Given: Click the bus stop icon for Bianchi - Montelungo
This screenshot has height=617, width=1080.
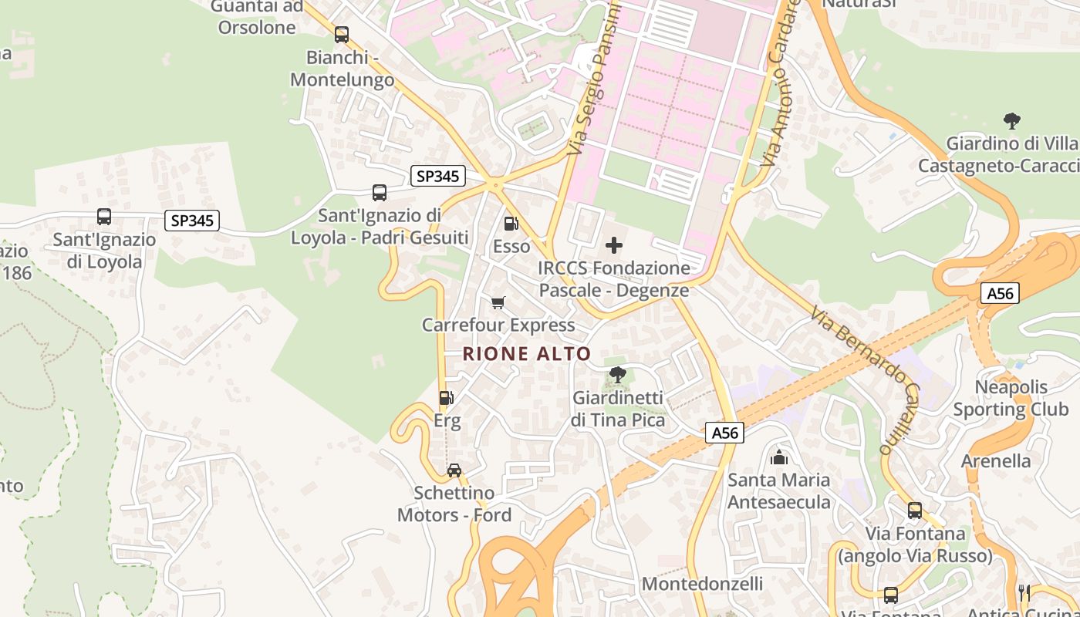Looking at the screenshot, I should [x=341, y=35].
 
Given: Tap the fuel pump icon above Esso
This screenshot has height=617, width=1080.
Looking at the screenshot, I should [x=511, y=224].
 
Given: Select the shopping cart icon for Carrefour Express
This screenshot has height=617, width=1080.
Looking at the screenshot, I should [x=498, y=302].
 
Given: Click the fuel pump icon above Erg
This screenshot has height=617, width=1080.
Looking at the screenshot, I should [x=446, y=398].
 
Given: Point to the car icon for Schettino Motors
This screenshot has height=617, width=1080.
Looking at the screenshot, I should [x=454, y=470].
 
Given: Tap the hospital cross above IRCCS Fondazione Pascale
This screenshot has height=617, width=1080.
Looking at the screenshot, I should [x=614, y=246].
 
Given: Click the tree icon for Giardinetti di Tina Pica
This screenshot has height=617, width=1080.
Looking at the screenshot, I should [x=617, y=375].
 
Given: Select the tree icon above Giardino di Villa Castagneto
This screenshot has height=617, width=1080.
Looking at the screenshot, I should [x=1011, y=121].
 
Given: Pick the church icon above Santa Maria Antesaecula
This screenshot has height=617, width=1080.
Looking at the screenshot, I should [x=780, y=457].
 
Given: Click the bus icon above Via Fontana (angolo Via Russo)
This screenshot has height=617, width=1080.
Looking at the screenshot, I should [x=914, y=510].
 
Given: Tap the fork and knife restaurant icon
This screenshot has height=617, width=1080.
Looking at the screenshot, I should [x=1024, y=592].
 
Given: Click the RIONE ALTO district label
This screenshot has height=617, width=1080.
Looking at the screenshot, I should [x=527, y=354].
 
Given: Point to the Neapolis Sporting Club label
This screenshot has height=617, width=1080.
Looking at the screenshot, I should [x=1011, y=398].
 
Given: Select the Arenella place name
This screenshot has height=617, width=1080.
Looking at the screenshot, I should [x=996, y=461].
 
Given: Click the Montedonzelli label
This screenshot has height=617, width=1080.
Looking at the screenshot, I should [x=702, y=584].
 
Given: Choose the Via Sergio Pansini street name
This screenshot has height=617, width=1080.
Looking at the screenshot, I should [x=595, y=81].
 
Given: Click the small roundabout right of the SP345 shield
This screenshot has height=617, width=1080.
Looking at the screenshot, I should [x=494, y=184].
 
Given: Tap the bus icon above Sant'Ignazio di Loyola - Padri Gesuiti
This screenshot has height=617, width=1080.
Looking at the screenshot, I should [x=379, y=193].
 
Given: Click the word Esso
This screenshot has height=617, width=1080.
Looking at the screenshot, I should [x=511, y=247].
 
